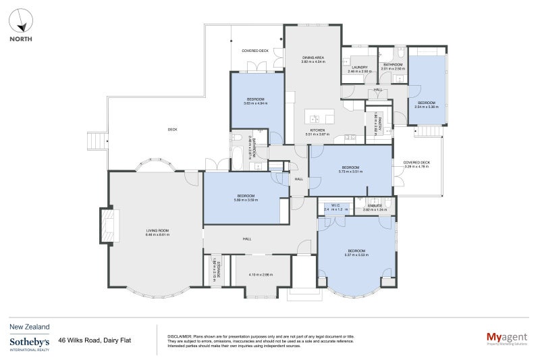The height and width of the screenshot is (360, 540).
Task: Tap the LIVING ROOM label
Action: [157, 230]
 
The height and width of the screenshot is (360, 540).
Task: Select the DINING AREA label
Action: [313, 58]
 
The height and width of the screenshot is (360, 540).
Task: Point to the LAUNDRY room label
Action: [360, 67]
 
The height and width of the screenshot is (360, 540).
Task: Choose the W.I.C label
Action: [335, 206]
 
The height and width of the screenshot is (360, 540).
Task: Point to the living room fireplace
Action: [109, 224]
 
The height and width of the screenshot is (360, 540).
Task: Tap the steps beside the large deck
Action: [95, 140]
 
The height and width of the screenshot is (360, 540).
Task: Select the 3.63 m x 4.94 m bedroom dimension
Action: [256, 103]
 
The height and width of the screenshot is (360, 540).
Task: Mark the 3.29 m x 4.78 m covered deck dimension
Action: [416, 166]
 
